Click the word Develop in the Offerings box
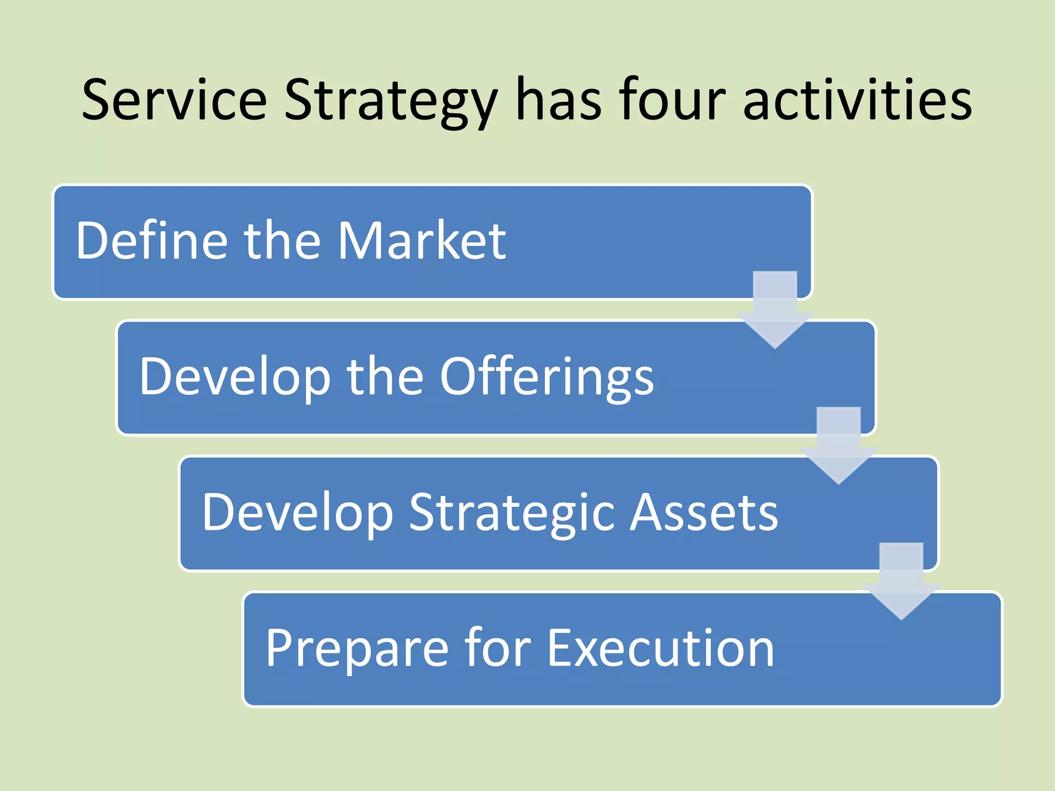click(234, 377)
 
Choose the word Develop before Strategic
click(297, 512)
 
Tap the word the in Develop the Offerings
click(384, 377)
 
